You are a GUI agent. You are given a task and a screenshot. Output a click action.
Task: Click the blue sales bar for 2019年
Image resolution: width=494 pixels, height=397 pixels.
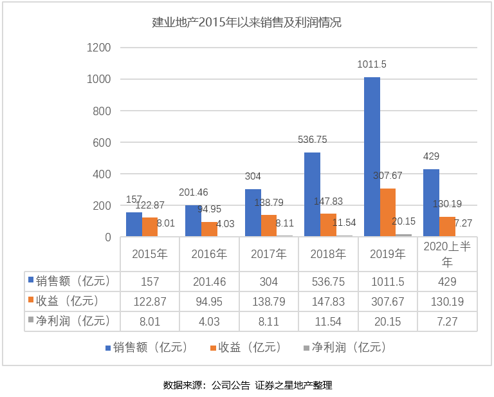pyautogui.click(x=372, y=157)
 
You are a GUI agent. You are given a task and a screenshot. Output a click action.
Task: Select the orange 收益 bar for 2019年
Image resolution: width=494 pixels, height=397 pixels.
pyautogui.click(x=388, y=213)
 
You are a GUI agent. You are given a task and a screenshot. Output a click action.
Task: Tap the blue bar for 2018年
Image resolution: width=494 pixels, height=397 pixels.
pyautogui.click(x=313, y=195)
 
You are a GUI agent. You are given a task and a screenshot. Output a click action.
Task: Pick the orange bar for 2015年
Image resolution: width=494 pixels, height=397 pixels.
pyautogui.click(x=150, y=227)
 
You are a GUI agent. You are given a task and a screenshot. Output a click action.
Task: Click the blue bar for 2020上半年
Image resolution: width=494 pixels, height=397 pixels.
pyautogui.click(x=431, y=203)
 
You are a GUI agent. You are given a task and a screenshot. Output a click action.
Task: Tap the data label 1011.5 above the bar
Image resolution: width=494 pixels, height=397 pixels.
pyautogui.click(x=372, y=64)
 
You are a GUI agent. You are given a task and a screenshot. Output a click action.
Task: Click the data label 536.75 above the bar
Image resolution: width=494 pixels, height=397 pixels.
pyautogui.click(x=313, y=139)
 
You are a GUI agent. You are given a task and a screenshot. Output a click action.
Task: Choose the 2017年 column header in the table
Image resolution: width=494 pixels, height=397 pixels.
pyautogui.click(x=268, y=254)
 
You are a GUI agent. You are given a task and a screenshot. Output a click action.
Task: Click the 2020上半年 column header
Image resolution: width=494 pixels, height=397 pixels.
pyautogui.click(x=447, y=254)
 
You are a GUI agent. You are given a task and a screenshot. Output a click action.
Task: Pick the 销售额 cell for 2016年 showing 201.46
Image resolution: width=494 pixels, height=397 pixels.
pyautogui.click(x=209, y=281)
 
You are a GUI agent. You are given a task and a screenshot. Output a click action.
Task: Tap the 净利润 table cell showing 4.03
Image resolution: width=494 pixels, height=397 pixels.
pyautogui.click(x=209, y=321)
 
